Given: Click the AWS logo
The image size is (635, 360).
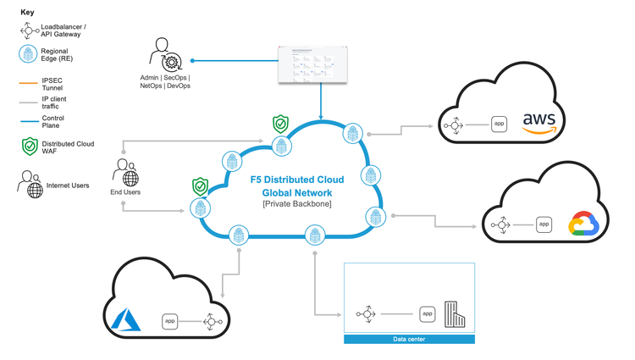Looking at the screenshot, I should tap(539, 123).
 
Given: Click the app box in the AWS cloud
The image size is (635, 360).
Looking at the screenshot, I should tap(500, 125).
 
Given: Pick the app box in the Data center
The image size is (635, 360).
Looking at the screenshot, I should tap(428, 314).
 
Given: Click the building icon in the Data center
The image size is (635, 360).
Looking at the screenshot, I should tap(457, 315).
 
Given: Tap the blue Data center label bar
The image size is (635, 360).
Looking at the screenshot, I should tap(409, 340).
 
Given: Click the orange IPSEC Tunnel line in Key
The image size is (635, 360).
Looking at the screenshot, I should tap(28, 84).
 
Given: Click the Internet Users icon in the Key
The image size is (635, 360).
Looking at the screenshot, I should tap(30, 184).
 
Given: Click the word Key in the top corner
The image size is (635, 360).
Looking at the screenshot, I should tap(27, 14).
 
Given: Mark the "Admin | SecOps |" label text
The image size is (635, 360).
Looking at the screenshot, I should tap(167, 77).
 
